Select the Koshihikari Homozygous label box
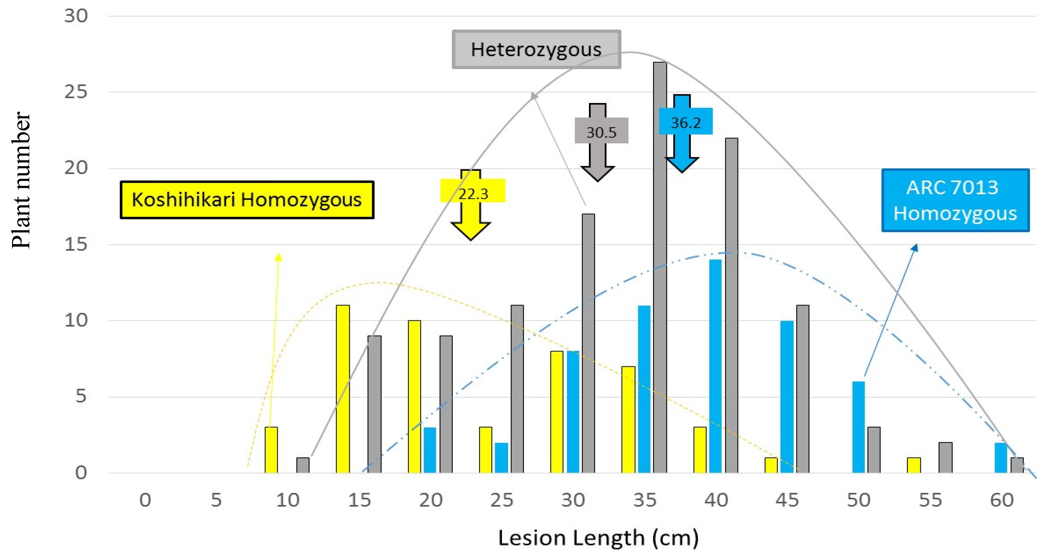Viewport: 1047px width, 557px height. tap(247, 200)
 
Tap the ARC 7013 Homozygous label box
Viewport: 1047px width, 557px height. tap(955, 200)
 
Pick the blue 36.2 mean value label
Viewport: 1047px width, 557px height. tap(686, 121)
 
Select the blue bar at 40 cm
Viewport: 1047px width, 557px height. tap(715, 366)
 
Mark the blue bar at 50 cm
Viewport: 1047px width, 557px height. tap(858, 427)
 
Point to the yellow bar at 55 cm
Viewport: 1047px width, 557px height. tap(914, 465)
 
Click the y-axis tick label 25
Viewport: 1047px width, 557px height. tap(76, 92)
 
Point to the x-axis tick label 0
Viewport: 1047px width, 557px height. tap(145, 500)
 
